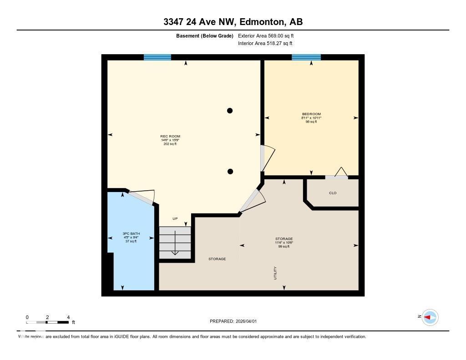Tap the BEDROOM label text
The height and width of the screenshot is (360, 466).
click(311, 114)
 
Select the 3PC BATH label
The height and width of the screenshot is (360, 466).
click(131, 233)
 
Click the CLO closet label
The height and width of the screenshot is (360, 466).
click(333, 193)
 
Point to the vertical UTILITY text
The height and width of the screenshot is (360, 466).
click(275, 273)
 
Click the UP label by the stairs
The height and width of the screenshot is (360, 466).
click(175, 218)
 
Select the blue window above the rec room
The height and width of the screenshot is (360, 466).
click(157, 57)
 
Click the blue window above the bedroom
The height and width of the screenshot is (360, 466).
click(306, 57)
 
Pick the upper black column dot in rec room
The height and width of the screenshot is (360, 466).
click(230, 111)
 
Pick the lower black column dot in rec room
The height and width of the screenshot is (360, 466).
click(230, 172)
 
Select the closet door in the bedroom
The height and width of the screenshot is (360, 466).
click(337, 175)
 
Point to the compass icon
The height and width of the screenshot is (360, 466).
click(430, 317)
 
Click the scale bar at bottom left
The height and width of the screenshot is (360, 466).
click(47, 322)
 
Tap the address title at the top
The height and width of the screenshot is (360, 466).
click(233, 22)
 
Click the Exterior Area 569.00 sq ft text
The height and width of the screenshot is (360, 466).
click(269, 35)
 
